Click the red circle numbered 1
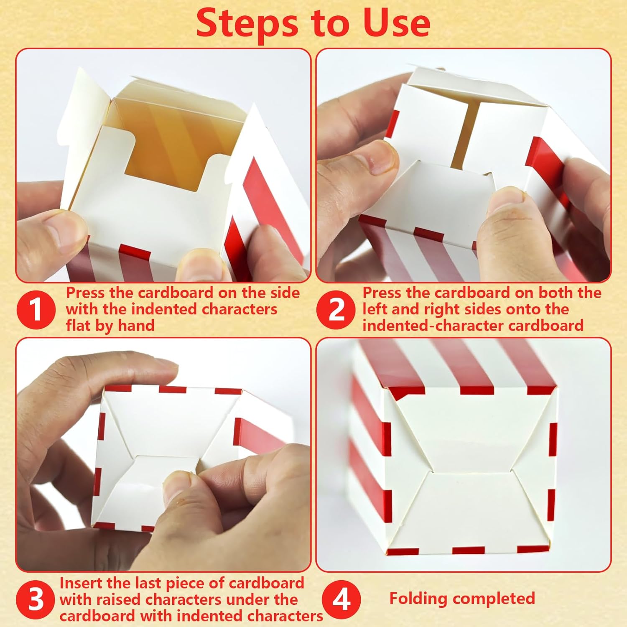pos(36,310)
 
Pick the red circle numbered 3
pos(36,599)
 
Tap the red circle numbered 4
pos(342,599)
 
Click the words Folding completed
pos(462,599)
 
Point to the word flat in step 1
pos(79,325)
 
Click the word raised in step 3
pos(119,599)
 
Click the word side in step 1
pos(284,293)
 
